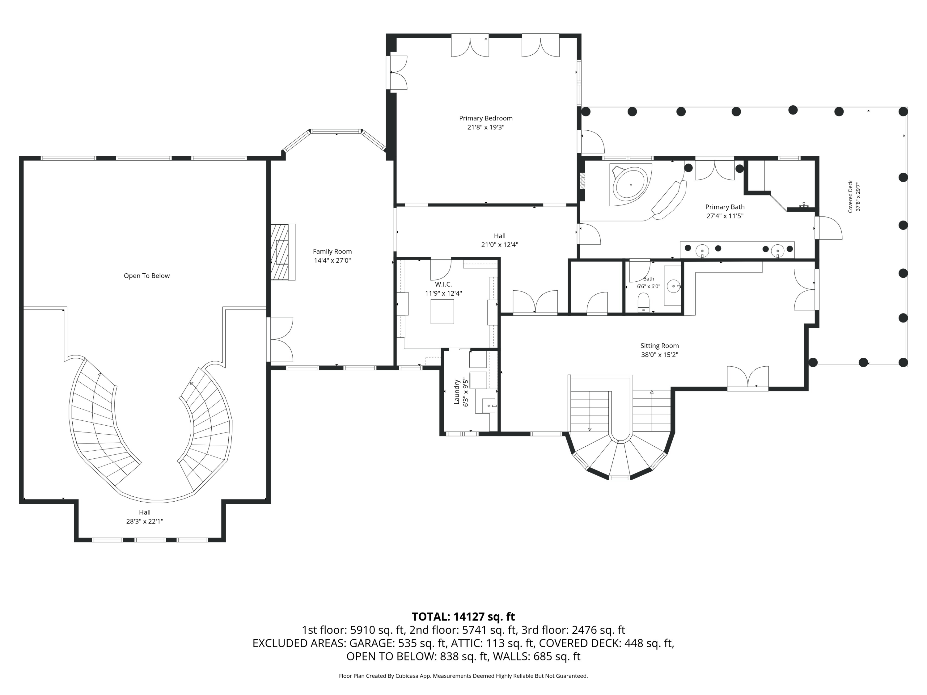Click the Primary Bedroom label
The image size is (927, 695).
[486, 118]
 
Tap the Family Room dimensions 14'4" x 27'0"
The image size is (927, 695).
[332, 261]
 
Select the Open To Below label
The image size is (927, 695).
[147, 276]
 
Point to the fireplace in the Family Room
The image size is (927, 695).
[282, 252]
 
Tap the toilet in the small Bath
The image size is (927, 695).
[643, 302]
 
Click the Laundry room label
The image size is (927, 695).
[457, 392]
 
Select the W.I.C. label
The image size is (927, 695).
[443, 284]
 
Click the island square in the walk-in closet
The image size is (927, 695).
[442, 312]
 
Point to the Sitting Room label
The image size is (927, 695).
[660, 346]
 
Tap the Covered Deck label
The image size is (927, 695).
[850, 196]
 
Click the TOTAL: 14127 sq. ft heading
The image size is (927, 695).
[463, 617]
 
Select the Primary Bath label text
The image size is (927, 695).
[725, 207]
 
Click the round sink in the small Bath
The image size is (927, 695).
[673, 286]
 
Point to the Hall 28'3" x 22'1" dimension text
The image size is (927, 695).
[145, 521]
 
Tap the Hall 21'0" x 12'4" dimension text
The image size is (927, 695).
[500, 245]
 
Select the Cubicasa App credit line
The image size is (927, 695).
[463, 676]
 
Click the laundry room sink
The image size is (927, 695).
[488, 406]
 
